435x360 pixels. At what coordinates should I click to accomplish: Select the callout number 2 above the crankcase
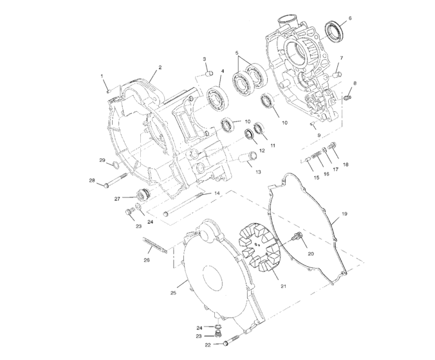[160, 67]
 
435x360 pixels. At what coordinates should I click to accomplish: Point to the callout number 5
[237, 53]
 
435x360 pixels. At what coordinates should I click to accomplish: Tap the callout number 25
[173, 292]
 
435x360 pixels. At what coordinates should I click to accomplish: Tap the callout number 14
[217, 193]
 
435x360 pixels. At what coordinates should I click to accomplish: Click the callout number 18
[346, 165]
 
